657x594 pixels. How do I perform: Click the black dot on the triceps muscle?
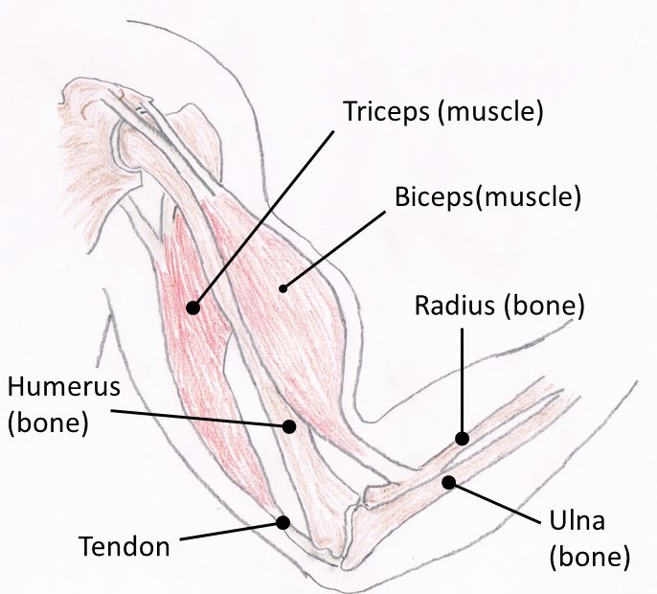[193, 308]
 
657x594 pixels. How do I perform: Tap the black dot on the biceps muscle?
[283, 286]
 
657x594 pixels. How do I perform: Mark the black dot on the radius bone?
[462, 438]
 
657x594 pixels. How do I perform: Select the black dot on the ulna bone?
[447, 483]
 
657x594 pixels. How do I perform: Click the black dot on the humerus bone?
[286, 426]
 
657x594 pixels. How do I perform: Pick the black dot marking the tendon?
[283, 522]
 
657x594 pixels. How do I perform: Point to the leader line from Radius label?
[462, 383]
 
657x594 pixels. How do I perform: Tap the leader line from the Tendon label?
[230, 533]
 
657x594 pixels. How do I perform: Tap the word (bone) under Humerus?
[48, 423]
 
